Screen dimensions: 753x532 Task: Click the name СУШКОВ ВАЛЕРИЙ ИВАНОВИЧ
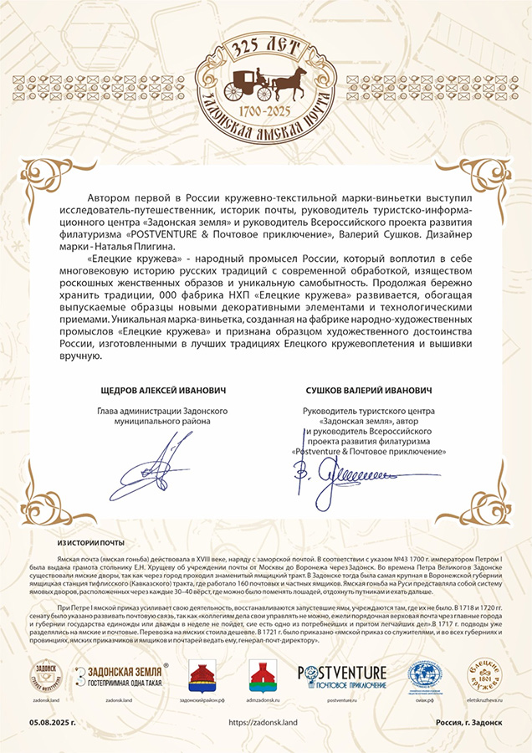pos(369,390)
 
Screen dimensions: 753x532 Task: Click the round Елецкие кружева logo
pos(484,675)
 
